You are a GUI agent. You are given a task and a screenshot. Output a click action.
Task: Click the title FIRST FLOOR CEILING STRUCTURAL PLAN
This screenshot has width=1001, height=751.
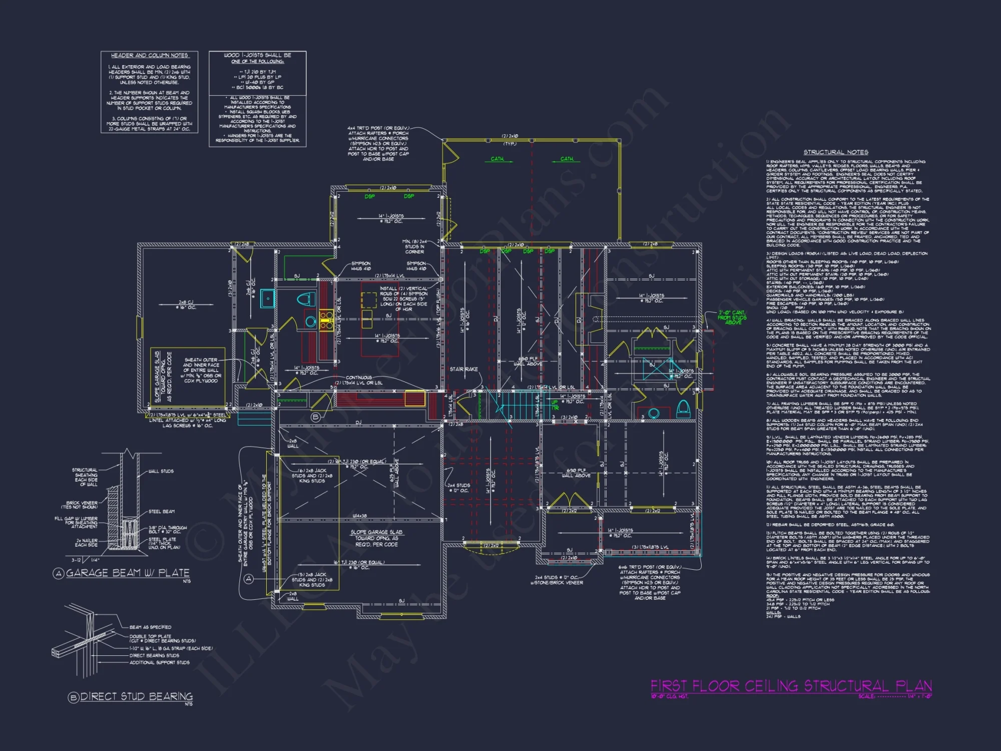coord(791,686)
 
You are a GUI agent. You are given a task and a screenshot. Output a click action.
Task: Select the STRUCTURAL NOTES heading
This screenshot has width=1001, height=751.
coord(836,152)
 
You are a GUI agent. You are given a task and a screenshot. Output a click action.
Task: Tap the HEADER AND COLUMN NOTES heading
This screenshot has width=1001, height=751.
coord(149,56)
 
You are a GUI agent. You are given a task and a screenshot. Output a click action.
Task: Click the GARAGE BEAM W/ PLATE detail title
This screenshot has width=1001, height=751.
coord(128,573)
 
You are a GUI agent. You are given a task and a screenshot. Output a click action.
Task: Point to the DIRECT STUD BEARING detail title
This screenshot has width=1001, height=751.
coord(136,696)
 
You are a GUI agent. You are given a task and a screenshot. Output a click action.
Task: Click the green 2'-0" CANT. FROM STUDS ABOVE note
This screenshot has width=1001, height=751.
coord(732,317)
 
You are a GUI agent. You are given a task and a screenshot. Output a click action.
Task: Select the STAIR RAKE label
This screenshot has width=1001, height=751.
coord(463,369)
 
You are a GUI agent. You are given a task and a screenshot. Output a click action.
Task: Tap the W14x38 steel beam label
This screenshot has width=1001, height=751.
coord(359,516)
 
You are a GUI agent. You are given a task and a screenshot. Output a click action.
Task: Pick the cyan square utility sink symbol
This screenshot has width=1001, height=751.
coord(268,298)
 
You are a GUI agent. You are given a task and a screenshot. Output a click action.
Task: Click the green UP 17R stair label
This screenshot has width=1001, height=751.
coord(555,405)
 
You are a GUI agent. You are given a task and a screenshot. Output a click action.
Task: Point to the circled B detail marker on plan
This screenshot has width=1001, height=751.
coord(315,417)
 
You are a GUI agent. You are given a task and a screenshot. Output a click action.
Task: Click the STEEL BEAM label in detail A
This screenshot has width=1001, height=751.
coord(161,512)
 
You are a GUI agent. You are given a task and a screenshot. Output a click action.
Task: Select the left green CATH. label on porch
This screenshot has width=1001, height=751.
coord(497,159)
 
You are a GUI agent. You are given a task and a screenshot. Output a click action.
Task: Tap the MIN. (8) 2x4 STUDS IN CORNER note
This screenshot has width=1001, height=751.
coord(414,246)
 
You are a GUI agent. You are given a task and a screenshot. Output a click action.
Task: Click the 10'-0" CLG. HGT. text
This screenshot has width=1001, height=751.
coord(669,696)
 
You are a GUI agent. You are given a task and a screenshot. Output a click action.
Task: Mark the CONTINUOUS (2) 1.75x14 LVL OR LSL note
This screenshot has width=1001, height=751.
coord(358,380)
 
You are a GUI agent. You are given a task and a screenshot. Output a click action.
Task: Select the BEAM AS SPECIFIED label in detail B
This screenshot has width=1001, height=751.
coord(150,627)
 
